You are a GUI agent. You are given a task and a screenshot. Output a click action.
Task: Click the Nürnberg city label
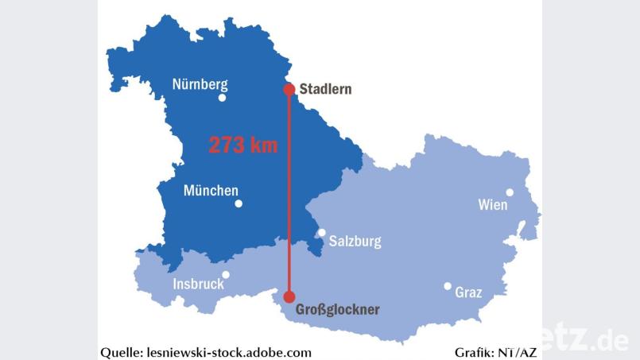[x=200, y=84]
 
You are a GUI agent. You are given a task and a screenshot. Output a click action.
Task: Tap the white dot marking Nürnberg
[x=222, y=98]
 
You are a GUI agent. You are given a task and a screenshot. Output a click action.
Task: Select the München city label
[x=211, y=191]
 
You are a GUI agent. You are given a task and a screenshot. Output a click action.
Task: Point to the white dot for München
[x=239, y=203]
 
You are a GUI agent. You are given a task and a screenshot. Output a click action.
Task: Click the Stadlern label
[x=324, y=89]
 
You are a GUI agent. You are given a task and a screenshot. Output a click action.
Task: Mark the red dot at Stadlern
[x=289, y=89]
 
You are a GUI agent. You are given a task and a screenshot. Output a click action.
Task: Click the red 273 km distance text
[x=243, y=145]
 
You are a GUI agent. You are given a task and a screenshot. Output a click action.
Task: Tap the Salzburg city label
[x=355, y=241]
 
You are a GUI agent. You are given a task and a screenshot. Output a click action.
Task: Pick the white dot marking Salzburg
[x=321, y=233]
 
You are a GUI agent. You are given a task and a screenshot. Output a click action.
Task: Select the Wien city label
[x=492, y=205]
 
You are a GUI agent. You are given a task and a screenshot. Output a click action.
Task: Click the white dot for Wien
[x=510, y=192]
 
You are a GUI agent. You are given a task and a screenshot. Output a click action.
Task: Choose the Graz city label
[x=468, y=292]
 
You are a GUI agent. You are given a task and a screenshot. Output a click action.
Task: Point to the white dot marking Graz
[x=448, y=286]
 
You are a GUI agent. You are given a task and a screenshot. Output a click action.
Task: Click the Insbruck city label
[x=198, y=285]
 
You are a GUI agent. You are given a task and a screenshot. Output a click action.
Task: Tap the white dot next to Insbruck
[x=226, y=275]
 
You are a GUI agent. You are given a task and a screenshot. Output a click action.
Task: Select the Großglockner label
[x=337, y=309]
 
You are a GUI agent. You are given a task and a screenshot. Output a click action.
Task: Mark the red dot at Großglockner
[x=289, y=296]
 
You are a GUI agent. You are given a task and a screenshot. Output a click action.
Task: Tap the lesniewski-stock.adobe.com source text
[x=230, y=352]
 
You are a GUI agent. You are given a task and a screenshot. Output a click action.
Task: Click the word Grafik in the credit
[x=473, y=352]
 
